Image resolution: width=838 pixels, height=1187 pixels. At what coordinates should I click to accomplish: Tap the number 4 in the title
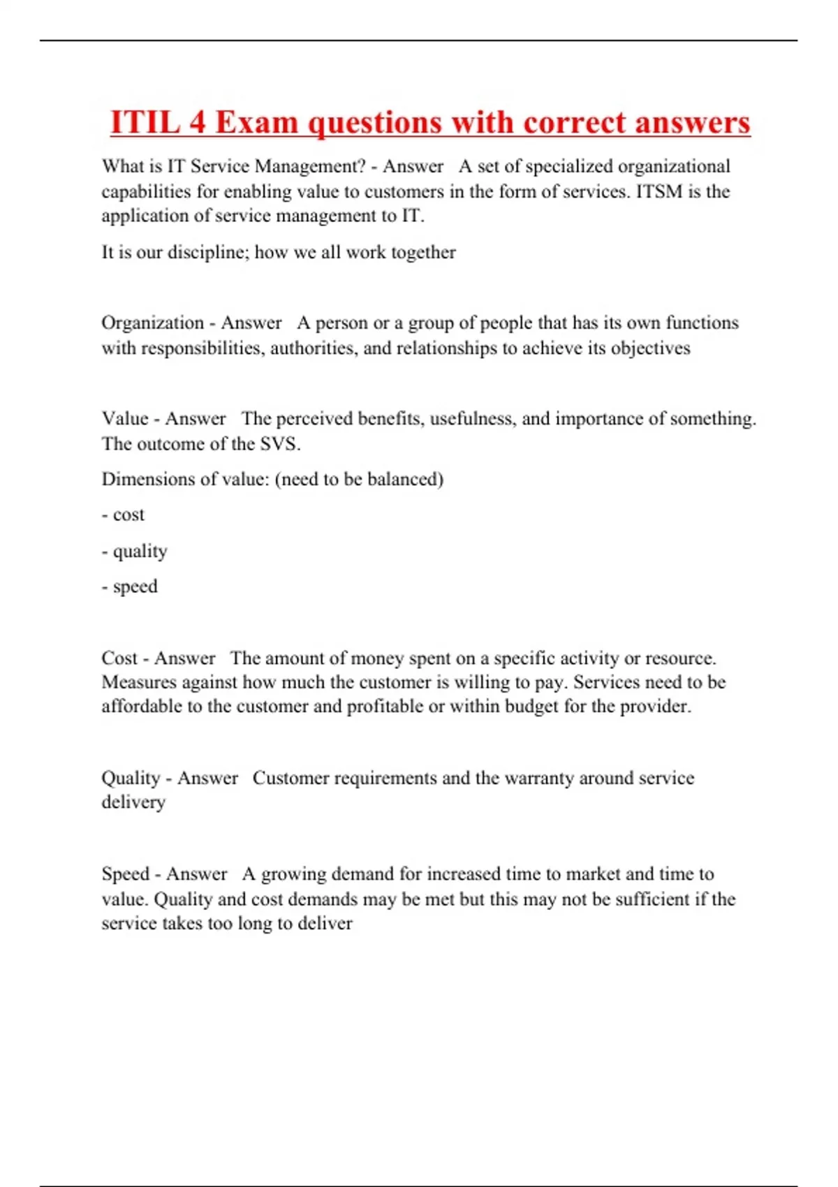click(x=198, y=123)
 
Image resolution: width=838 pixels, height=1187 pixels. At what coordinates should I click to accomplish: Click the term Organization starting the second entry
click(x=152, y=323)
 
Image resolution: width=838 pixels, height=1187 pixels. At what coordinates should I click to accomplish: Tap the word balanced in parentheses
click(x=405, y=479)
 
